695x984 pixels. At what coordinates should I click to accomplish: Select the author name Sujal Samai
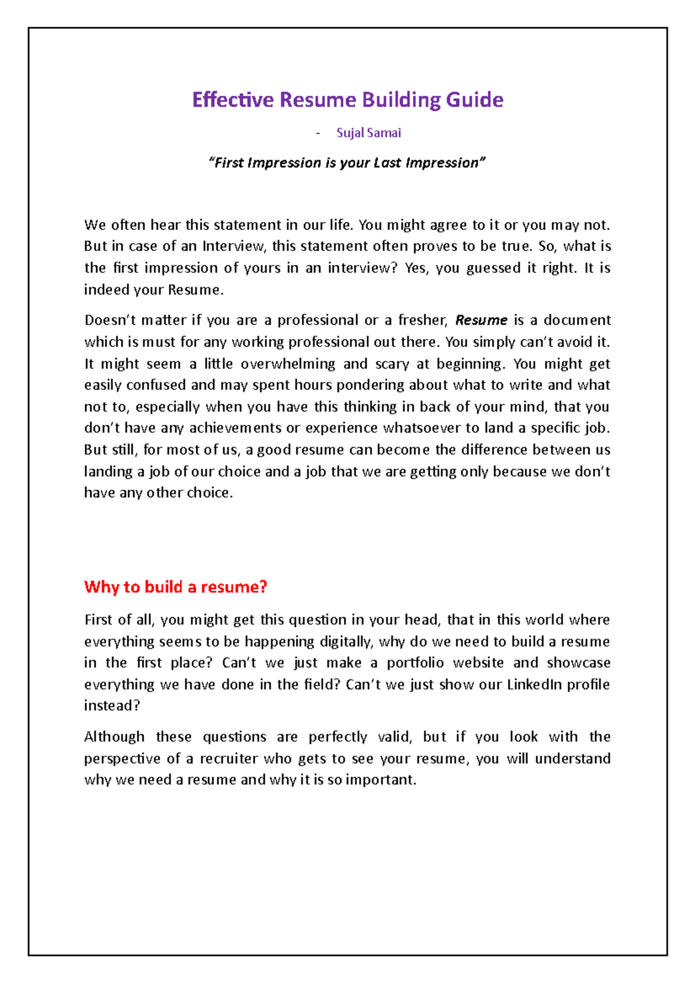368,133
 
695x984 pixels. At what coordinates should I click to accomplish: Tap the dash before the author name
318,133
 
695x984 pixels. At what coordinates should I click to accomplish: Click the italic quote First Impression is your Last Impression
347,163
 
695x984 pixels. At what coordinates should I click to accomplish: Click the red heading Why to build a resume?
175,586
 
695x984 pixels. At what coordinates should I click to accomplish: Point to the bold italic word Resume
481,320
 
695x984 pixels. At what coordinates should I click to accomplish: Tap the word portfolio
415,663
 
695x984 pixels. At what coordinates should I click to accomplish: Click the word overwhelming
288,364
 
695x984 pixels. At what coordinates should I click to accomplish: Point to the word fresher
422,320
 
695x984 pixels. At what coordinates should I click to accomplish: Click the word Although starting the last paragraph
114,737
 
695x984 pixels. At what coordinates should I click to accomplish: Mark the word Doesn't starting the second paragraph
109,320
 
